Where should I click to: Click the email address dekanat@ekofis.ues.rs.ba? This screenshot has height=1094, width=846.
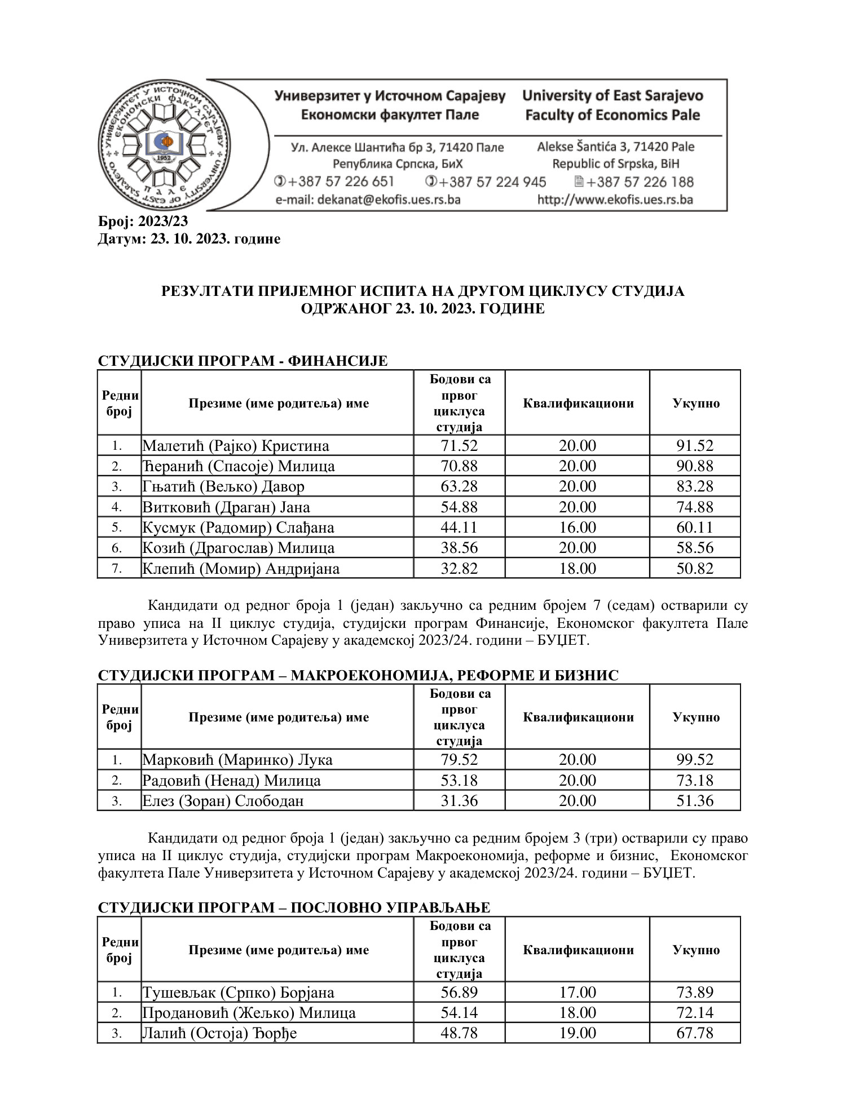coord(368,200)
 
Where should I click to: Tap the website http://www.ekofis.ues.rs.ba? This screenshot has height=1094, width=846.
coord(615,200)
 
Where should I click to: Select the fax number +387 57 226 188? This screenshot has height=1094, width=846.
coord(640,182)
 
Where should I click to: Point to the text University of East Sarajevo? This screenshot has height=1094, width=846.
coord(613,96)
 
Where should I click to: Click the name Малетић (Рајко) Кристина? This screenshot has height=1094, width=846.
coord(236,446)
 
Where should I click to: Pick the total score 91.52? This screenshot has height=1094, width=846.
coord(695,446)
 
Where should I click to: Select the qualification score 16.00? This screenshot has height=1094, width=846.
coord(577,528)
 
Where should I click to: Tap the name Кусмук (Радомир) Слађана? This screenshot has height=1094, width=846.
coord(238,528)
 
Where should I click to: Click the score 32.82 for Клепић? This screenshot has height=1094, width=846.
coord(459,568)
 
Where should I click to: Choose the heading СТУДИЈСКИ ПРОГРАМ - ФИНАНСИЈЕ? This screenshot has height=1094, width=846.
coord(243,361)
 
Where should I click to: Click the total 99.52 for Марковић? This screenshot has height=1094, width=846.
coord(695,760)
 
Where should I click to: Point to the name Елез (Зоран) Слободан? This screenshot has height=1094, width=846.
coord(223,801)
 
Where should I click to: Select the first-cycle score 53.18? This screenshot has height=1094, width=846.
coord(459,781)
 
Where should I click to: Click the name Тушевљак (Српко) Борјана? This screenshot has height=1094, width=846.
coord(238,993)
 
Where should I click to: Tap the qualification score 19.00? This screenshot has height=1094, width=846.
coord(577,1033)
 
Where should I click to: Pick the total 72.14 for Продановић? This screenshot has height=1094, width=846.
coord(695,1013)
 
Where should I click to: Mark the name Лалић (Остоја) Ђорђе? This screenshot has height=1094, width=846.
coord(219,1033)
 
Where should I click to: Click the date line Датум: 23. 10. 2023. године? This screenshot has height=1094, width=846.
coord(189,239)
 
